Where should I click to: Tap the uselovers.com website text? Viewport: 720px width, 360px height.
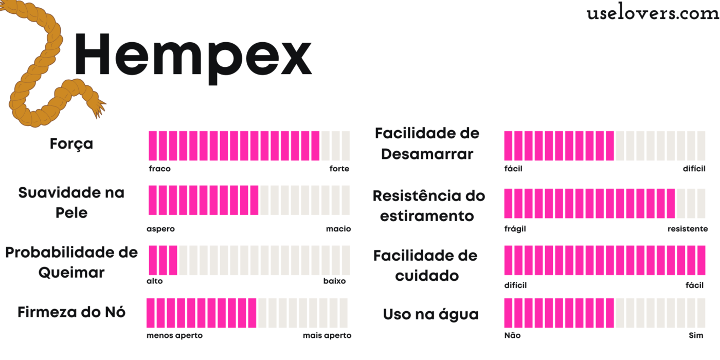point(653,13)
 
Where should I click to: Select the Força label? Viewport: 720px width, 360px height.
point(71,143)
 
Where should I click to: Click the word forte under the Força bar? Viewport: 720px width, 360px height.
point(339,169)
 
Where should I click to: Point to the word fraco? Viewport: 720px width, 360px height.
point(159,169)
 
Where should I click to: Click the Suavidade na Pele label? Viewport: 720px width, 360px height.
point(71,203)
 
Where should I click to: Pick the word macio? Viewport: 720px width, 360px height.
point(338,229)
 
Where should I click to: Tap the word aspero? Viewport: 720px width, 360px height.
point(160,229)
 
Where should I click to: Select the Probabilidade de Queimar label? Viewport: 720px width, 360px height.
point(71,262)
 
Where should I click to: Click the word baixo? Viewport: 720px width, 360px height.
point(334,281)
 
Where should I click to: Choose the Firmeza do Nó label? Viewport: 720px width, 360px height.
point(71,312)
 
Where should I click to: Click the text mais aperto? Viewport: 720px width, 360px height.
point(327,335)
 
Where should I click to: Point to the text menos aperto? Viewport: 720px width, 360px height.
point(174,335)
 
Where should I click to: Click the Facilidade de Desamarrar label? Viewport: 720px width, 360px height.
point(427,143)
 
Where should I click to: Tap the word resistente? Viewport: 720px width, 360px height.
point(688,229)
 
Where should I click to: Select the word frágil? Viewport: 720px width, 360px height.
point(515,229)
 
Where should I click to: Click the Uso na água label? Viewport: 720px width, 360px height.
point(430,315)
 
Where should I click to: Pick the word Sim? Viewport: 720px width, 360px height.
point(696,335)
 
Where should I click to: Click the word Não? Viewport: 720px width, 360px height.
point(512,335)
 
